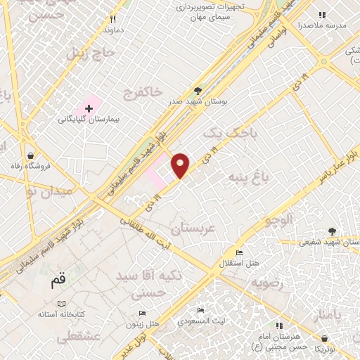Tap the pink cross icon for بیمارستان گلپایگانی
[89, 108]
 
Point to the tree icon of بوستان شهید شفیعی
[331, 231]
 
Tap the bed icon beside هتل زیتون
[143, 314]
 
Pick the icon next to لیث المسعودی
[201, 310]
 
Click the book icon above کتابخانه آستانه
[62, 302]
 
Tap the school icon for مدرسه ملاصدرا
[323, 14]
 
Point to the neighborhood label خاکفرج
[143, 91]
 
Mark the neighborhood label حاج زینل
[89, 53]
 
